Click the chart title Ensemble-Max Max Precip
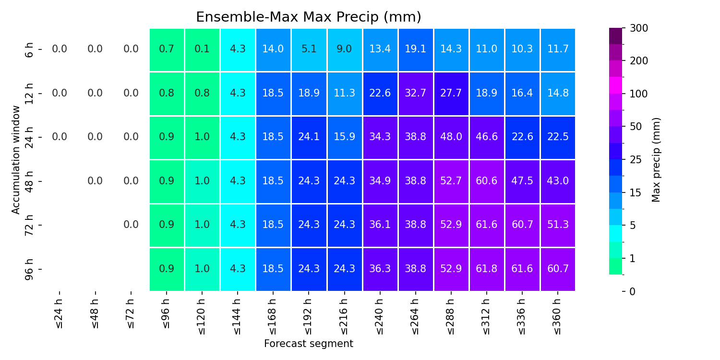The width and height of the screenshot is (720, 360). coord(309,17)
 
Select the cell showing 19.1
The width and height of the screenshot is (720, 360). coord(416,49)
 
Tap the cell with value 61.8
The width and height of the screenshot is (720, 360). coord(487,269)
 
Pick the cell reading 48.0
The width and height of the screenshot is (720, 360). coord(451,137)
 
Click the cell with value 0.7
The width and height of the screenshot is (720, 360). coord(167,49)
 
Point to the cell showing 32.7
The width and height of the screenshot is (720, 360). coord(416,94)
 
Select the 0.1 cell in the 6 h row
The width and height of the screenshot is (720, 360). coord(202,49)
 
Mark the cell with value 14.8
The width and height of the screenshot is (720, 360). coord(558,94)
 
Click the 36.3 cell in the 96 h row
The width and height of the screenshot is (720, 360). coord(380,269)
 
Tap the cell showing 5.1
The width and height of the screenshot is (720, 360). coord(309,49)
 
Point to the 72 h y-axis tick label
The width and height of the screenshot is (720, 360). coord(29,225)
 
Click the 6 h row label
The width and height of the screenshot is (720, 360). coord(29,50)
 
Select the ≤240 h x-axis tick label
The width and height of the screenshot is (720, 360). coord(380,316)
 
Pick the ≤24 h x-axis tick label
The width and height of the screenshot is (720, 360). coord(59,314)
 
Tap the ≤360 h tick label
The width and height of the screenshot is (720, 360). coord(558,316)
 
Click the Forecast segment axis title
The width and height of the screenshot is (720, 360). coord(309,344)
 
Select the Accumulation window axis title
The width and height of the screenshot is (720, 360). coord(16,160)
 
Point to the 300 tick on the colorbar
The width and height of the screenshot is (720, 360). coord(639,28)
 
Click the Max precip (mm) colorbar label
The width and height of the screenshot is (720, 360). coord(656,160)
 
